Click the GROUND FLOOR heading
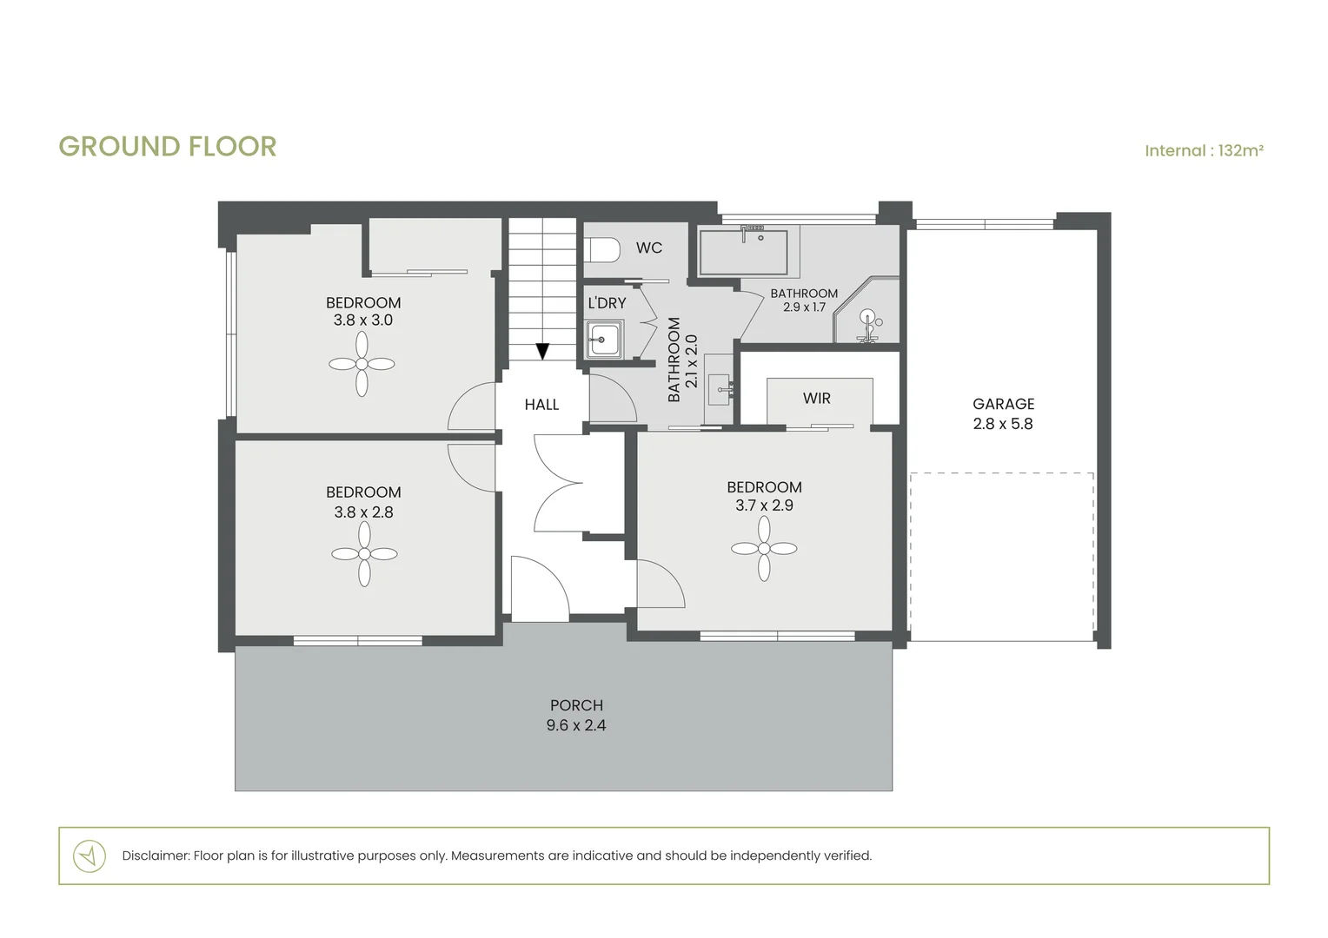pos(167,147)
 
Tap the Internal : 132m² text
pos(1203,151)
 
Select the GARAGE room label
pos(1003,404)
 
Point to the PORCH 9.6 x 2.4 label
pos(576,716)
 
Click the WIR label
pos(816,399)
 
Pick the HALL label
pos(541,405)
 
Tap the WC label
pos(648,248)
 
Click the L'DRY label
pos(607,303)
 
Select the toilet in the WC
pos(602,250)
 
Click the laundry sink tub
pos(603,339)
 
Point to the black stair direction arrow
pos(542,351)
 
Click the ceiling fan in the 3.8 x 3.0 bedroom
pos(362,365)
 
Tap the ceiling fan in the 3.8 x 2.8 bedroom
pos(364,554)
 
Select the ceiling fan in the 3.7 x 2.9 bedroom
pos(764,548)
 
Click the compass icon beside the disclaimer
pos(90,855)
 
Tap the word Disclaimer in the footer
pos(155,855)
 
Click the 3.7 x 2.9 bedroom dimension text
pos(764,505)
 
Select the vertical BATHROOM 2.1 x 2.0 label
pos(682,360)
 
